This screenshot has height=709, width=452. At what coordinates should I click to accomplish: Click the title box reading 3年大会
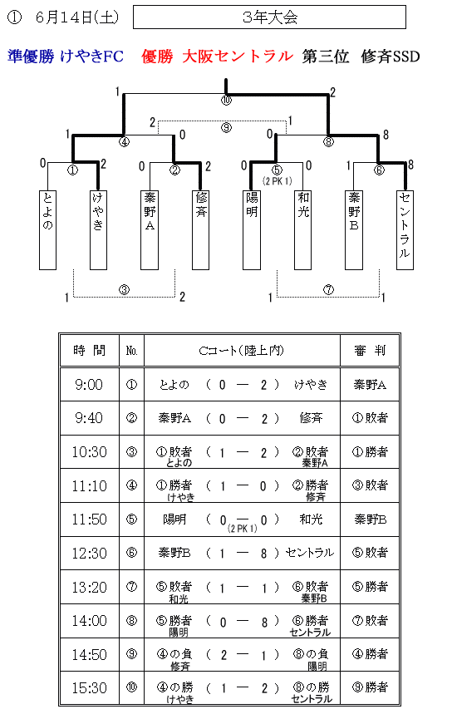tap(269, 17)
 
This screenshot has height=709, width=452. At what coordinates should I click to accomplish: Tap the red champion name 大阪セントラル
tap(238, 57)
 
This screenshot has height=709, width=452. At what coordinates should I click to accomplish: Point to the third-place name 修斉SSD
tap(391, 57)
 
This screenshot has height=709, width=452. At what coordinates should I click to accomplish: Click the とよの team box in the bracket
tap(48, 230)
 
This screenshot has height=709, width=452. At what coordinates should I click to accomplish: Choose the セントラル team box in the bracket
tap(405, 230)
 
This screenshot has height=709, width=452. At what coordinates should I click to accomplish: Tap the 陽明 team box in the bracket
tap(252, 230)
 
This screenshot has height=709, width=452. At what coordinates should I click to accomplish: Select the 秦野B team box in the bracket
tap(354, 230)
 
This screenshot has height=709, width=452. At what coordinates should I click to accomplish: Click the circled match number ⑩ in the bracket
tap(226, 101)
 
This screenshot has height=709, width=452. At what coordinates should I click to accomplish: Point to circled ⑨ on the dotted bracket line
tap(226, 127)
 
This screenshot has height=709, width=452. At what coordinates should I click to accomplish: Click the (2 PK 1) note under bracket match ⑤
tap(277, 181)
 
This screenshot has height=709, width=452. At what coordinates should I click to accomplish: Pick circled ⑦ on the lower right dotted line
tap(328, 290)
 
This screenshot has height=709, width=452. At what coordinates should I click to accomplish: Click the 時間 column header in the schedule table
tap(90, 351)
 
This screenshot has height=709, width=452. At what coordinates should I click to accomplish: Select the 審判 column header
tap(370, 351)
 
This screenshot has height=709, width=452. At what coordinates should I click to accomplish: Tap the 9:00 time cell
tap(90, 385)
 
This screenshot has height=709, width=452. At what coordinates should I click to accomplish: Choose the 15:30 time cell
tap(90, 688)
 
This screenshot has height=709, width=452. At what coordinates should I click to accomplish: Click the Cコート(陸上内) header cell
tap(242, 351)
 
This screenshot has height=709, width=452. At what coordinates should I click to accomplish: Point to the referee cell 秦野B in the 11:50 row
tap(370, 519)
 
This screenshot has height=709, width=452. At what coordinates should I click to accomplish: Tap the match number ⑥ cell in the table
tap(131, 553)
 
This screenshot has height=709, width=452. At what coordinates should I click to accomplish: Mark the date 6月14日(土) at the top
tap(76, 17)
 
